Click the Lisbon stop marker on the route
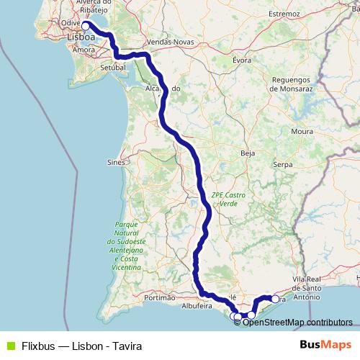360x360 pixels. pos(86,26)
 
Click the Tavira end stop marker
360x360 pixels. pos(274,299)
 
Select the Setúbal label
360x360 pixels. pos(112,67)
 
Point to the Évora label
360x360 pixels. pos(242,60)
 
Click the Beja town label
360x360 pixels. pos(248,153)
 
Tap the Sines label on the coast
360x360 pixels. pos(115,163)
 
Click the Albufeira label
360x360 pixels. pos(197,306)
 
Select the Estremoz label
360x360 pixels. pos(284,14)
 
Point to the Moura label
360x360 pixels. pos(302,132)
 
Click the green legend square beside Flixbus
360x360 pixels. pos(9,346)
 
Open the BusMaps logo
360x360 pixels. pos(325,346)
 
